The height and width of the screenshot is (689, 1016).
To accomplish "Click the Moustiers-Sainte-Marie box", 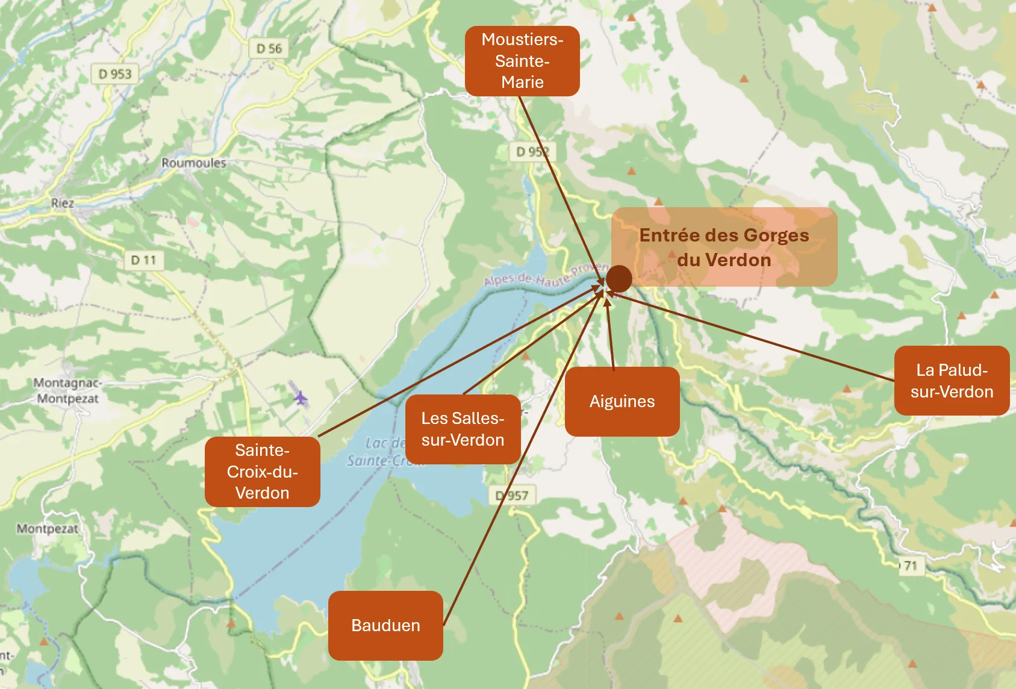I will (522, 61).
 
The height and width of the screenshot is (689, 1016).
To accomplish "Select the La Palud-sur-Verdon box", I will (952, 381).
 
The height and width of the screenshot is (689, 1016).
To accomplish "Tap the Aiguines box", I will (622, 402).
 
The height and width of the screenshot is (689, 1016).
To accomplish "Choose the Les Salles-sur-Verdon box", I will (463, 429).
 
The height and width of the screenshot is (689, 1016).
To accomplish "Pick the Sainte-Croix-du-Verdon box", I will (262, 472).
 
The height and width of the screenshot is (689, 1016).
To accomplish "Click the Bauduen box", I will (385, 625).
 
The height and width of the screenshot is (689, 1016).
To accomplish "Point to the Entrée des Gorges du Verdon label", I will (724, 247).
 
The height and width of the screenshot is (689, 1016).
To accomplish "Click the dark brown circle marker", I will (619, 278).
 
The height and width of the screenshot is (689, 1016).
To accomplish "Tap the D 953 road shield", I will (114, 74).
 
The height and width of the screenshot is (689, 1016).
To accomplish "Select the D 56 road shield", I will (269, 49).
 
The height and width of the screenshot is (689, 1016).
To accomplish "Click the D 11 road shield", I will (143, 260).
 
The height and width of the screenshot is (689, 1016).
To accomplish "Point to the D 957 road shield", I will (512, 496).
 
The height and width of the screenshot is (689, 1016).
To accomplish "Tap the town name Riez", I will (62, 203).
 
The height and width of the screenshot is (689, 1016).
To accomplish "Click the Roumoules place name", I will (193, 163).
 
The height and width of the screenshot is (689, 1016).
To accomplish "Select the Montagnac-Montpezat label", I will (67, 390).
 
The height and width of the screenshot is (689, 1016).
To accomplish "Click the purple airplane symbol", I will (300, 397).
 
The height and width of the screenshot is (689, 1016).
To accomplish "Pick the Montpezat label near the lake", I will (47, 529).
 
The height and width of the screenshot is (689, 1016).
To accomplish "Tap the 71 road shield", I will (910, 566).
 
